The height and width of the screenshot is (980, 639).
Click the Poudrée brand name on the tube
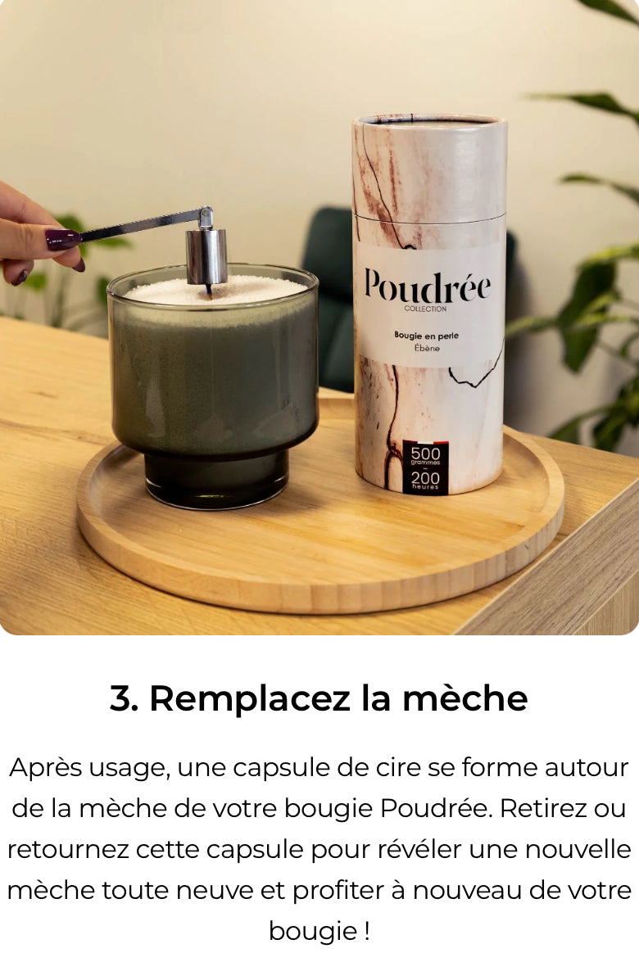click(x=427, y=287)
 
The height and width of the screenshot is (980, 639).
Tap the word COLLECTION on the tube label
click(x=425, y=309)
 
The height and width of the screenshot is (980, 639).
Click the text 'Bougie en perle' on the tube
click(x=425, y=335)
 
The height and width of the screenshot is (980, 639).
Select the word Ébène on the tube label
click(x=425, y=347)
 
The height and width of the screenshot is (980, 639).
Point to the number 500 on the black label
click(x=425, y=454)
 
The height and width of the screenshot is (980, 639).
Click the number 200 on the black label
click(x=425, y=477)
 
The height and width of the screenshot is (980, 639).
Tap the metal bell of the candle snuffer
click(x=206, y=255)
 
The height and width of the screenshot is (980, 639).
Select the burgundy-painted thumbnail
click(x=62, y=239)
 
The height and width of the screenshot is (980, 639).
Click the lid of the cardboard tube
click(x=429, y=168)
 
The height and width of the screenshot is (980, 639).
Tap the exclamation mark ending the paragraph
click(x=365, y=931)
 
